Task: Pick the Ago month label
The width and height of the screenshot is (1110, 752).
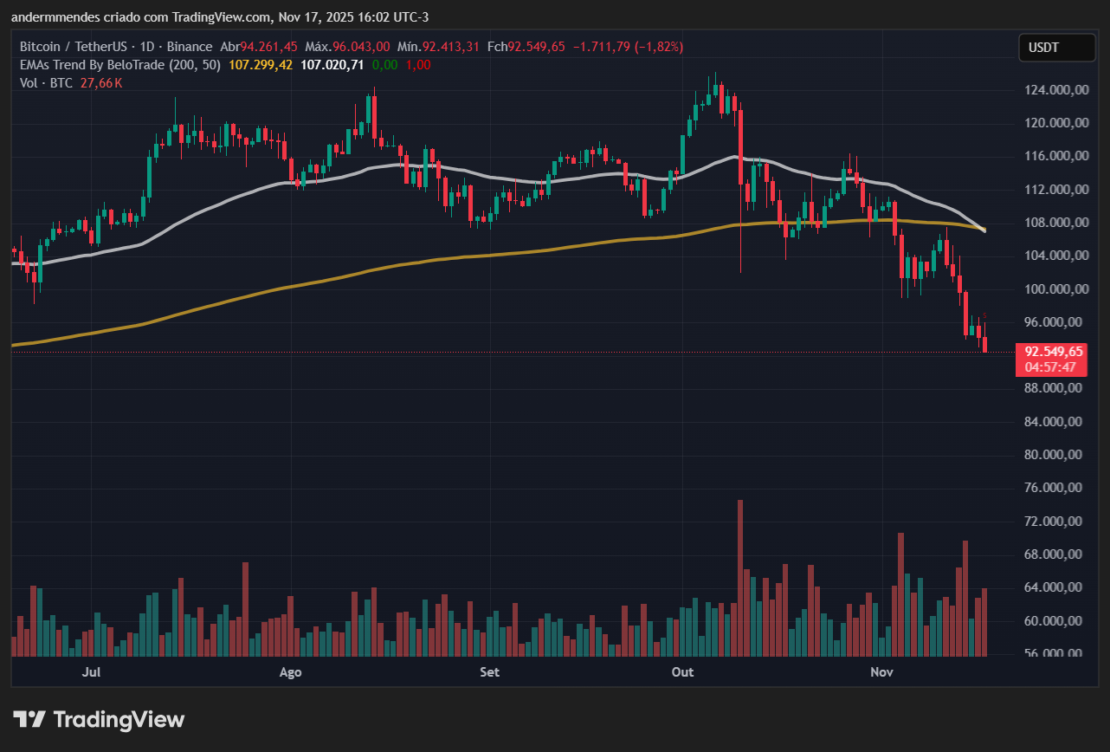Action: (291, 672)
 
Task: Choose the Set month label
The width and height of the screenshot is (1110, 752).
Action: (489, 672)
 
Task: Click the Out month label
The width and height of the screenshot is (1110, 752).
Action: (683, 672)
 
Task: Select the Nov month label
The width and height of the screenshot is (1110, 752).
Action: (881, 672)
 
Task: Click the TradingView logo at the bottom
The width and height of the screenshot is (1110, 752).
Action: (99, 719)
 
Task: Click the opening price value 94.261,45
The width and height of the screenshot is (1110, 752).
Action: (269, 47)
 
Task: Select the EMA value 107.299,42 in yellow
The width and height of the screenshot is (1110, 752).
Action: (261, 65)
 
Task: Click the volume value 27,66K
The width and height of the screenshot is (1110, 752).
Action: (101, 83)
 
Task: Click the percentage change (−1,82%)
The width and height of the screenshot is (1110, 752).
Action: (657, 47)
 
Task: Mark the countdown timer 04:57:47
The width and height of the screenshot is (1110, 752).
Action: (1050, 367)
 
